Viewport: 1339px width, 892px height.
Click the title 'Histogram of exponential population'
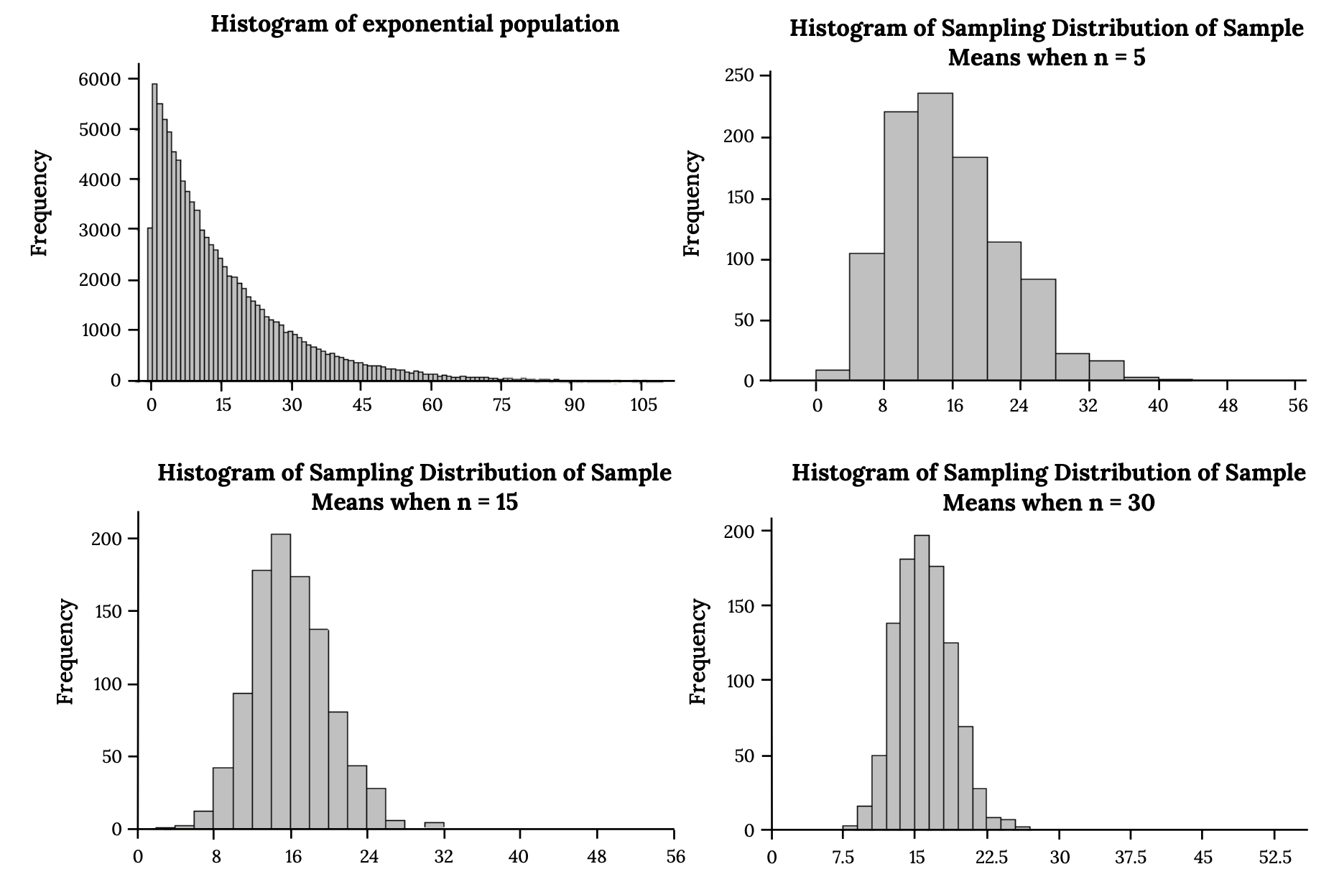pos(414,24)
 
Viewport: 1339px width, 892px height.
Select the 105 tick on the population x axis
pos(643,405)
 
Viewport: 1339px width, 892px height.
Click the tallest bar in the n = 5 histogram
pos(935,237)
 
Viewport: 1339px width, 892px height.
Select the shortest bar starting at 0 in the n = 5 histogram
pos(833,375)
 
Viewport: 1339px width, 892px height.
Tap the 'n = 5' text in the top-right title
pos(1118,57)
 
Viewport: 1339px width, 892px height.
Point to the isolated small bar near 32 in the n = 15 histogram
pos(434,826)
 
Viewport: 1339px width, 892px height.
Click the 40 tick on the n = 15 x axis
pos(519,857)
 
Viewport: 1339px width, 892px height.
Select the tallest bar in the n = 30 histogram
pos(922,682)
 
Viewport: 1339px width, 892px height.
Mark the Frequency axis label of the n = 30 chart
pos(698,651)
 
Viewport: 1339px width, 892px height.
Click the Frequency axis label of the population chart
pos(40,203)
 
